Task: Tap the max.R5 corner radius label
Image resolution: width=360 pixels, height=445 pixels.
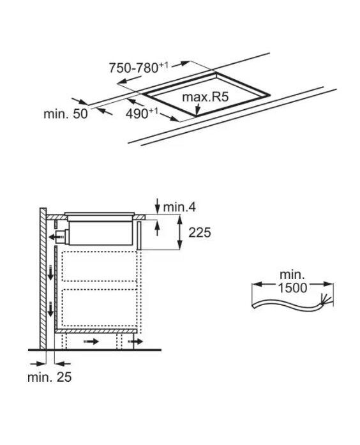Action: click(x=205, y=97)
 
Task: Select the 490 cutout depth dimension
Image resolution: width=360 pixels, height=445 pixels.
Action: click(x=142, y=113)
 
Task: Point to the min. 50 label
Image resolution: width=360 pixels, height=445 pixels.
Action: click(x=66, y=114)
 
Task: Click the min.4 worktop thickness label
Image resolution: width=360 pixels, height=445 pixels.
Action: click(x=179, y=207)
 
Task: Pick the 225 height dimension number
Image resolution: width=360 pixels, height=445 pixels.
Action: click(x=200, y=233)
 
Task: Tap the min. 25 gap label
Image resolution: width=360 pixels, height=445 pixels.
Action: click(x=49, y=377)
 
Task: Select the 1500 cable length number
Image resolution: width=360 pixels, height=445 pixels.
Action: click(x=292, y=288)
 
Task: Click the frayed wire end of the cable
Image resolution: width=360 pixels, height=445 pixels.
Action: click(x=326, y=300)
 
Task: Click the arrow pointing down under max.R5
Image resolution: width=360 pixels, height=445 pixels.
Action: click(x=198, y=110)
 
